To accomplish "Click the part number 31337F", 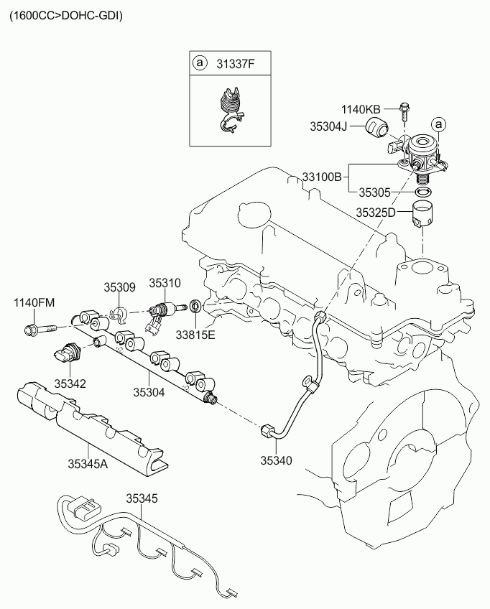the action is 235,63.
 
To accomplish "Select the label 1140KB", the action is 361,110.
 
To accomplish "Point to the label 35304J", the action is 328,126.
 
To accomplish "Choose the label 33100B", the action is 322,177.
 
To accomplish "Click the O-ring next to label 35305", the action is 423,192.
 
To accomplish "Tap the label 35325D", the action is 375,213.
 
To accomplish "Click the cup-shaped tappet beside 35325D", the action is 422,215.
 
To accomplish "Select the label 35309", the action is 119,287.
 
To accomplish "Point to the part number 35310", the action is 165,283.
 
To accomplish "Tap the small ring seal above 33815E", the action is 195,306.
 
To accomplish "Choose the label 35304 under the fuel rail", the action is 149,392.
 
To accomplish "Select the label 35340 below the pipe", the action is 276,460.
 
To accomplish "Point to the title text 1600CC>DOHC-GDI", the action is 66,16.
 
